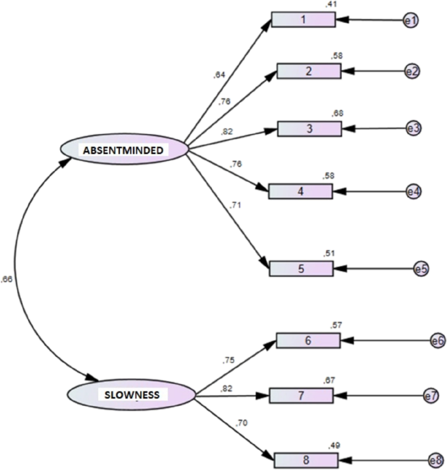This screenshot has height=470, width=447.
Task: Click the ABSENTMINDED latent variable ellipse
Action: click(124, 149)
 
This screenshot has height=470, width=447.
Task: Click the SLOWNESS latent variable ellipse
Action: click(132, 394)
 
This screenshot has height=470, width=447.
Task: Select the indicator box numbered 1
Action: click(303, 20)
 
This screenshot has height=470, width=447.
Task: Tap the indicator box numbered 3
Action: click(309, 128)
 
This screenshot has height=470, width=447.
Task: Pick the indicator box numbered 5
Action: click(301, 268)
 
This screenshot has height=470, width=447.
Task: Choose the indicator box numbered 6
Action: click(308, 340)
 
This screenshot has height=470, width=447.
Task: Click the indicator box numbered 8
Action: click(301, 396)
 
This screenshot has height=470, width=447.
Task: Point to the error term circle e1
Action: click(410, 21)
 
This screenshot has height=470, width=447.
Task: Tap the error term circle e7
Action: click(429, 396)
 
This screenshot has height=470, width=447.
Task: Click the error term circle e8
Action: click(436, 459)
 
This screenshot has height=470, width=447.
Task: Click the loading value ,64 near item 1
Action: click(219, 75)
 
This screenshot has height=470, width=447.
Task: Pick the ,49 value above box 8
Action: click(335, 445)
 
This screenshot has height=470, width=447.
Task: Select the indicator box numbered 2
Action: click(309, 71)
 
